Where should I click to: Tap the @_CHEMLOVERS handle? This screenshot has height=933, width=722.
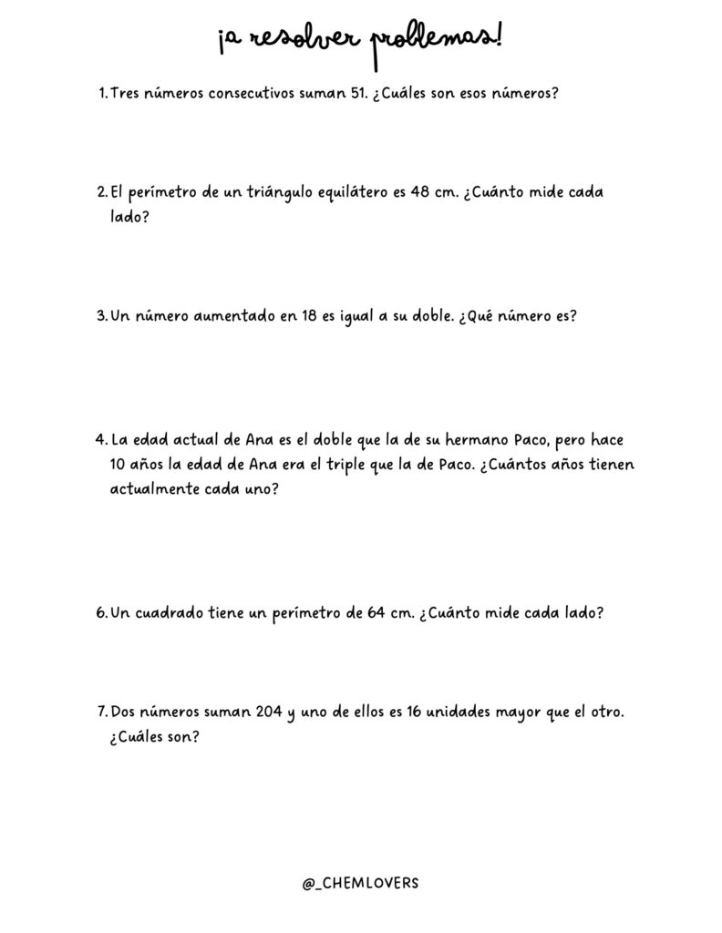tap(361, 883)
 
